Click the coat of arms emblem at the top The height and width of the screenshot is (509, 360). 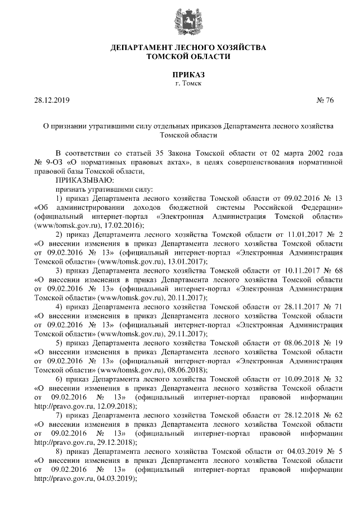pyautogui.click(x=187, y=20)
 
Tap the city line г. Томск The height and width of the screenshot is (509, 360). pyautogui.click(x=188, y=83)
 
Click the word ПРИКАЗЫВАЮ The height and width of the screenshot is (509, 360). pyautogui.click(x=84, y=181)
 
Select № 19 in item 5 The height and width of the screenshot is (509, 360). pyautogui.click(x=334, y=342)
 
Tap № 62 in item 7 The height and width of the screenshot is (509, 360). pyautogui.click(x=334, y=414)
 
